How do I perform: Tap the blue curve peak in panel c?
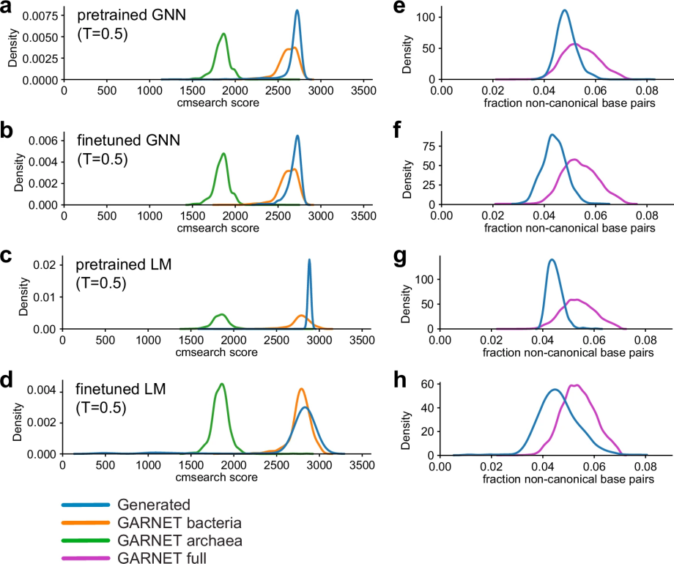point(309,259)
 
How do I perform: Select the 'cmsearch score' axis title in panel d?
point(217,477)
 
